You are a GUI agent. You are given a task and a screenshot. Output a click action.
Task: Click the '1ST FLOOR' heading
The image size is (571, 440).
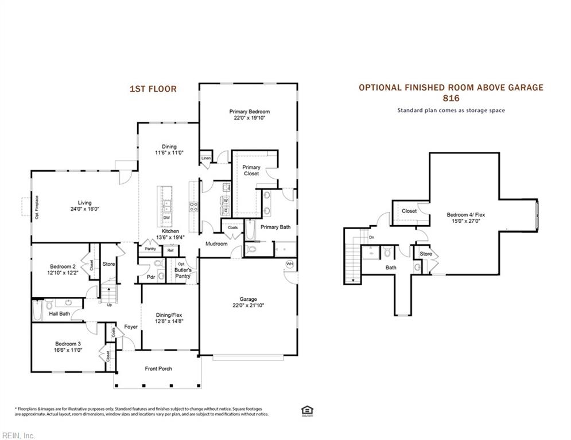click(x=153, y=89)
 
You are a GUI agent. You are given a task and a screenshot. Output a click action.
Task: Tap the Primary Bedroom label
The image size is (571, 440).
click(x=249, y=112)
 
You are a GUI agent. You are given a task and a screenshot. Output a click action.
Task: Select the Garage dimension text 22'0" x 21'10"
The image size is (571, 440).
click(x=248, y=305)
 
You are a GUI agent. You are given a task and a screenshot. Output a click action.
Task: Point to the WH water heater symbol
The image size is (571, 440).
click(x=290, y=264)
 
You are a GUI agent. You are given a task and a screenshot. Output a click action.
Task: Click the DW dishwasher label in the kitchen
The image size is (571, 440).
click(x=166, y=218)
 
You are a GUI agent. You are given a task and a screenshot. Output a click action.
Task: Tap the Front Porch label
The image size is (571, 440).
click(x=158, y=368)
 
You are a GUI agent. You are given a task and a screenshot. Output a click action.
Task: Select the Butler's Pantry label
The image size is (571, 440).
click(x=183, y=273)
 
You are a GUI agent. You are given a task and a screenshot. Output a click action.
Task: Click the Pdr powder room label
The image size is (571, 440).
click(x=151, y=277)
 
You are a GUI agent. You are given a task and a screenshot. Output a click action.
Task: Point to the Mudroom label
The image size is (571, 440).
click(x=217, y=243)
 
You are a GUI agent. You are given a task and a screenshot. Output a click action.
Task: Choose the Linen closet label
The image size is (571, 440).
click(x=206, y=158)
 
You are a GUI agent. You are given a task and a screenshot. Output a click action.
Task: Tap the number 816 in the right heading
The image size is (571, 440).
click(x=451, y=99)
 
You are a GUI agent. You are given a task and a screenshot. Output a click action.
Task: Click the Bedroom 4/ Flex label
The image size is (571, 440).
click(x=462, y=215)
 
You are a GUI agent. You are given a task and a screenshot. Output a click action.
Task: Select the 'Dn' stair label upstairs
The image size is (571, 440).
click(x=372, y=237)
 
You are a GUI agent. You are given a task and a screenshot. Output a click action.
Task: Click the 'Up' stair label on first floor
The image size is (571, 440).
click(x=109, y=304)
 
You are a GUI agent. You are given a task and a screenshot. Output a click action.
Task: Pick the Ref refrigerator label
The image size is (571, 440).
click(x=170, y=250)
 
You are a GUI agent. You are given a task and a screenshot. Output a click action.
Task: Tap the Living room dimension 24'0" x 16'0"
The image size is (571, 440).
click(x=85, y=209)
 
